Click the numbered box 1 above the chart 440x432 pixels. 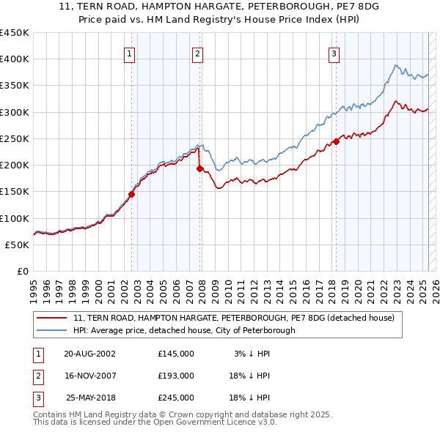[129, 53]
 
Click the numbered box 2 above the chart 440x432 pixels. [198, 53]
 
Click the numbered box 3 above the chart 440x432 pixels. [334, 53]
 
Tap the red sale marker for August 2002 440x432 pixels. [132, 194]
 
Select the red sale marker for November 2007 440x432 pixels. [199, 168]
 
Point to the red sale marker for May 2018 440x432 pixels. [336, 141]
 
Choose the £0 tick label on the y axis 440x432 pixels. [21, 271]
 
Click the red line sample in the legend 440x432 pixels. [51, 318]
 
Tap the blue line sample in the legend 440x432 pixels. [51, 330]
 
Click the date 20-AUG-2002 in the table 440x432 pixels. [89, 354]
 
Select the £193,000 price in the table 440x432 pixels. [176, 376]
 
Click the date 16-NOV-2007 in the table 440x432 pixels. [89, 376]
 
